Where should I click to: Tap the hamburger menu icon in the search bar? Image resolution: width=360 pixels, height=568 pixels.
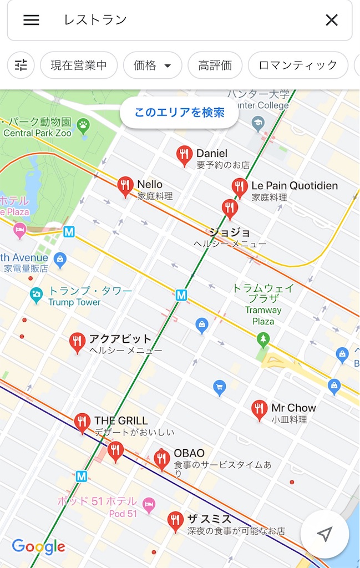[x=31, y=20]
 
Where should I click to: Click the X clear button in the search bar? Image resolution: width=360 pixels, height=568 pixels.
[x=331, y=20]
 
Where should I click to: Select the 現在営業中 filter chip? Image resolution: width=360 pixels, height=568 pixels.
[x=79, y=65]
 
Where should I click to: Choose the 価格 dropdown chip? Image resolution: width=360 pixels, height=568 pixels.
[x=152, y=65]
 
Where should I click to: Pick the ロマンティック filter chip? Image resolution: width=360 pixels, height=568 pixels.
[x=298, y=65]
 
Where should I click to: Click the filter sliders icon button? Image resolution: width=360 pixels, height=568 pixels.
[x=21, y=65]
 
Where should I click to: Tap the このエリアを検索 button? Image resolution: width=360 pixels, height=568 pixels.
[x=179, y=113]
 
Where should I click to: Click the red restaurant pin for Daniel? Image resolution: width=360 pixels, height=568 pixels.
[x=184, y=155]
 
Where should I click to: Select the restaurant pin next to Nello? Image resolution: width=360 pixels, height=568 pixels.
[x=125, y=187]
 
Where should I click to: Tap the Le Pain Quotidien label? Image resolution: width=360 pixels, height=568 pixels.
[x=295, y=185]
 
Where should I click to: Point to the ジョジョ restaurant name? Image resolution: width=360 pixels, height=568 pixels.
[x=230, y=232]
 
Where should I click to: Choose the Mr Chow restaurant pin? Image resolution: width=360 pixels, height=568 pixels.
[x=259, y=410]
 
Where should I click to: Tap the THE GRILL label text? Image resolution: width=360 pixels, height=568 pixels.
[x=121, y=421]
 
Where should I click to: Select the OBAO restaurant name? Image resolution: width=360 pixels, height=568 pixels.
[x=189, y=453]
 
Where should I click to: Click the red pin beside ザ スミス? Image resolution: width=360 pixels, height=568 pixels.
[x=175, y=521]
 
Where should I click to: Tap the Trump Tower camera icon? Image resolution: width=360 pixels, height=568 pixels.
[x=37, y=294]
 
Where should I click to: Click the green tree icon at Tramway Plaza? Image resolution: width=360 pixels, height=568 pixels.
[x=263, y=338]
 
